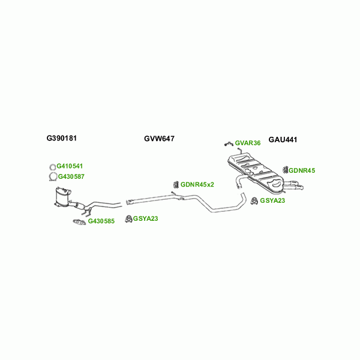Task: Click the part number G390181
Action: (x=62, y=138)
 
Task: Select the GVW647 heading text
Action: (x=159, y=139)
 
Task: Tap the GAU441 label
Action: (x=283, y=139)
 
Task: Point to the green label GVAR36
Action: (x=248, y=143)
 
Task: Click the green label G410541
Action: (x=70, y=166)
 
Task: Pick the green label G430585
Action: (x=101, y=221)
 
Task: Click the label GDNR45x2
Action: (x=197, y=184)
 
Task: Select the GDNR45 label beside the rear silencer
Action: (x=302, y=170)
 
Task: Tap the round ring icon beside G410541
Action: (x=52, y=166)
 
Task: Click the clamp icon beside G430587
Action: (x=52, y=176)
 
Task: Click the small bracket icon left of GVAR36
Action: (x=228, y=143)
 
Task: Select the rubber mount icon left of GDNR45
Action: (x=286, y=170)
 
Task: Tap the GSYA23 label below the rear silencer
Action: (x=273, y=200)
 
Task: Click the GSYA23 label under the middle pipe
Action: (x=146, y=218)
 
